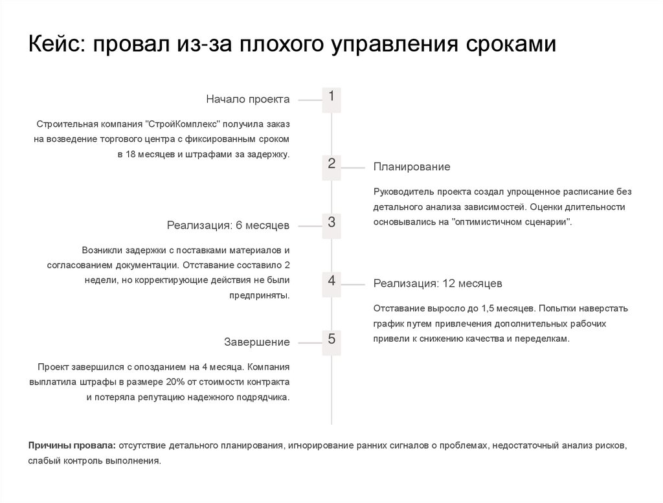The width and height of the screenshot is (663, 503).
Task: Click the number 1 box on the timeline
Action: pos(331,99)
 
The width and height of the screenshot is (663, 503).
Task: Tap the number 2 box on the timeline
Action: pos(331,166)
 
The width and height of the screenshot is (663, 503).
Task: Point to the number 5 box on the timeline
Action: pos(331,341)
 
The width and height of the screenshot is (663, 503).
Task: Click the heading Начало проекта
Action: pos(248,99)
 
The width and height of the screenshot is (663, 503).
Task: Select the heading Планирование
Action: pos(411,167)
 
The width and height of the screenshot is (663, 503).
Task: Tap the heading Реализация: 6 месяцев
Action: pos(228,225)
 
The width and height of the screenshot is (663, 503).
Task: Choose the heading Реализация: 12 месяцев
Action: pos(438,284)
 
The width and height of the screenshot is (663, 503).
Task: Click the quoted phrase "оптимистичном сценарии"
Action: pos(513,221)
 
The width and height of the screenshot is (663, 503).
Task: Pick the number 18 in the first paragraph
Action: pos(129,155)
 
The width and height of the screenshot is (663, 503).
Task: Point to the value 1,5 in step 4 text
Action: pos(499,308)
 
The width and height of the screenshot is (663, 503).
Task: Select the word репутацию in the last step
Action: pos(159,397)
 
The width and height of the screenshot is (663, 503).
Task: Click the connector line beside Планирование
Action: pos(353,167)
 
